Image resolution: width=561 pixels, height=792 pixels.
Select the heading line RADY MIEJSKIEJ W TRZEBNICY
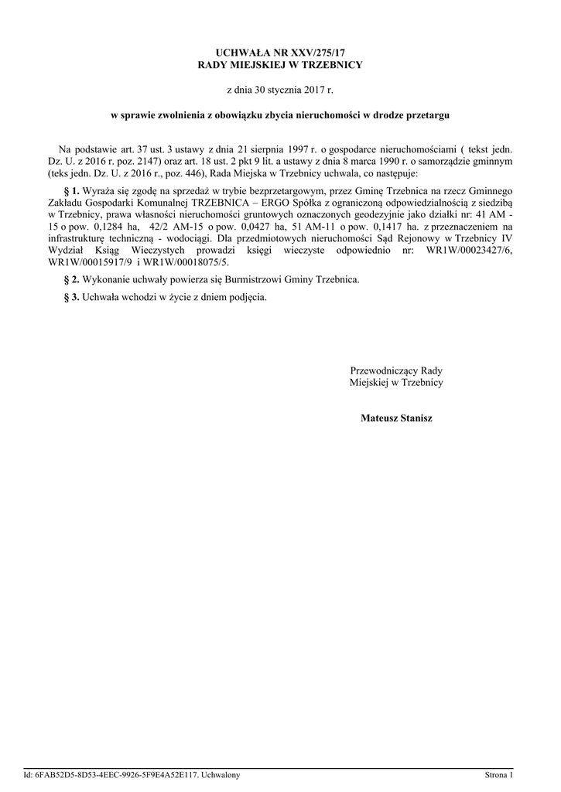tap(280, 64)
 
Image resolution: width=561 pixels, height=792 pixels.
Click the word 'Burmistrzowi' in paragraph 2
tap(241, 279)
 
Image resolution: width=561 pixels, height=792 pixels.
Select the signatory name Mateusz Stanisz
tap(396, 418)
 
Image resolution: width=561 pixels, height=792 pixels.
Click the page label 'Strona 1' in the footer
tap(498, 774)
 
